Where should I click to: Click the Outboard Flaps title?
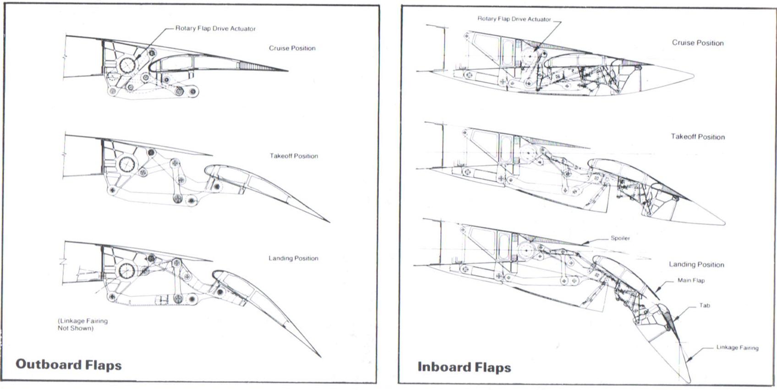69,365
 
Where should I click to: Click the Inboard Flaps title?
464,367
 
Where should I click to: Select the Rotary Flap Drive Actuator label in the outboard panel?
215,28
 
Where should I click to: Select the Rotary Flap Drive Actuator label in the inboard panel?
514,19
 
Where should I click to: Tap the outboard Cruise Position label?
292,48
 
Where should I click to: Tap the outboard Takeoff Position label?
294,156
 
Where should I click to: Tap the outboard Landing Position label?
293,258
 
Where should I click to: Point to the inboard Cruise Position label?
698,43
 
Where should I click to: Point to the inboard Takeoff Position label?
698,137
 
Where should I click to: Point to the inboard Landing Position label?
696,264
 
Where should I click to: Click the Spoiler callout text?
620,238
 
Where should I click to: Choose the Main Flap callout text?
691,280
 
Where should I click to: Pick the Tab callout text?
705,305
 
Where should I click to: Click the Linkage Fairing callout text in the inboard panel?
737,347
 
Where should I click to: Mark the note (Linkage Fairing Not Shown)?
82,324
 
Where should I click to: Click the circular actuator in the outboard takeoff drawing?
127,164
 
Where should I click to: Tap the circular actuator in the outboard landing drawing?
127,270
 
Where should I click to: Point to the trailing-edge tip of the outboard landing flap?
321,357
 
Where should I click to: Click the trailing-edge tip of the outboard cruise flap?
288,71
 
